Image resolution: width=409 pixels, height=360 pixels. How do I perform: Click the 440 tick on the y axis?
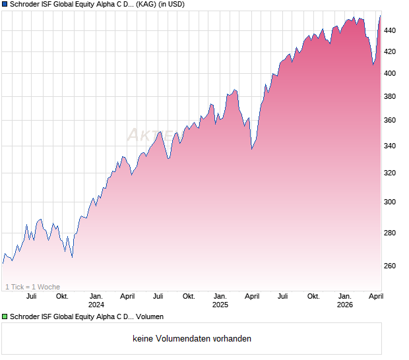point(391,30)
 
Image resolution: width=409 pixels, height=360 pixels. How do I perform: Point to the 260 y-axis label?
point(391,266)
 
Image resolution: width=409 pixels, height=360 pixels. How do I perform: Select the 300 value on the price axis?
point(391,202)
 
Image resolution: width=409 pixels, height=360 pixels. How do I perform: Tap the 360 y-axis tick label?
point(391,121)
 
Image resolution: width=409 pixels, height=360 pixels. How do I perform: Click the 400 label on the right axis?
point(391,73)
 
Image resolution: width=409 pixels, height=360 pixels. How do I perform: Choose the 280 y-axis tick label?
point(391,233)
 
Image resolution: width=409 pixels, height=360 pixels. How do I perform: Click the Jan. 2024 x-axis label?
point(96,300)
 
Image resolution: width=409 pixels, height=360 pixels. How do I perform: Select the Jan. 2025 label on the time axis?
point(220,300)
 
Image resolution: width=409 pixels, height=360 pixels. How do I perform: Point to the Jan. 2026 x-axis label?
point(344,300)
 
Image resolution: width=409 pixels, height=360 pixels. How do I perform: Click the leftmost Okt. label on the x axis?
point(62,296)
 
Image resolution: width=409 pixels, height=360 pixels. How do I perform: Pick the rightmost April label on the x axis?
point(376,296)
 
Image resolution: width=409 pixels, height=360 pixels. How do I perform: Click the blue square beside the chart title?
point(5,5)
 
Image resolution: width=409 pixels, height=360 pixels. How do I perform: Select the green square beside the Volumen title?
point(5,317)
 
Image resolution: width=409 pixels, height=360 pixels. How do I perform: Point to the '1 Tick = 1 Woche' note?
point(32,287)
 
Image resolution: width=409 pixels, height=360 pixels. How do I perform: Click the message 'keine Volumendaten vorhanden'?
point(192,339)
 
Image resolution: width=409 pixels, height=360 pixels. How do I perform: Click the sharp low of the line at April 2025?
point(252,150)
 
